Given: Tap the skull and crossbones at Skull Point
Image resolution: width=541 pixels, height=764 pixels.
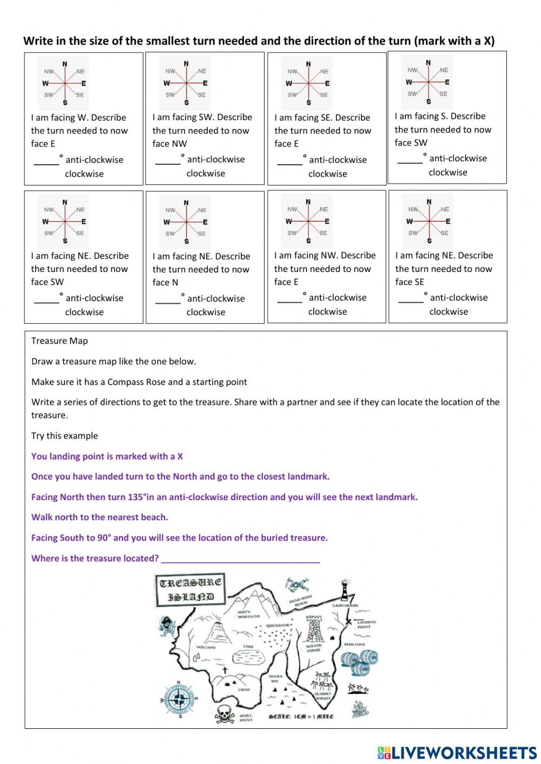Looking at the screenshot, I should click(223, 714).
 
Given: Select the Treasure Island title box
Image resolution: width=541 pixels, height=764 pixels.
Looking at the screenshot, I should click(190, 590).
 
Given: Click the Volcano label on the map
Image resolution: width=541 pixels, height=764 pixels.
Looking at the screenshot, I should click(206, 647).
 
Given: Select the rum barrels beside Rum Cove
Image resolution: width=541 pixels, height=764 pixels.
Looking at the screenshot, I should click(359, 662).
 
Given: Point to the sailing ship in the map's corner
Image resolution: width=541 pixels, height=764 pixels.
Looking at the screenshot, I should click(360, 709).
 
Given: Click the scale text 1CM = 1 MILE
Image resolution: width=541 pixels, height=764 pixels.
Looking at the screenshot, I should click(301, 717).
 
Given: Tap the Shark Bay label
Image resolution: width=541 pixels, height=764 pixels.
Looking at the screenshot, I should click(276, 678).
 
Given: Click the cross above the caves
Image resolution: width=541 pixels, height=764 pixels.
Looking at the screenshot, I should click(225, 670).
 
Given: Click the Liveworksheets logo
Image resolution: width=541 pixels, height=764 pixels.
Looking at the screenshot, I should click(457, 753).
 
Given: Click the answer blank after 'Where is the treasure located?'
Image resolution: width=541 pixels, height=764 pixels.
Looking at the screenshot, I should click(240, 559).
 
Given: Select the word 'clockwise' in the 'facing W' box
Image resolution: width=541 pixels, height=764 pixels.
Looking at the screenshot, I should click(84, 174).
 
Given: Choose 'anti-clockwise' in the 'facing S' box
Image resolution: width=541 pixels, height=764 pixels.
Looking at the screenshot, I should click(458, 158).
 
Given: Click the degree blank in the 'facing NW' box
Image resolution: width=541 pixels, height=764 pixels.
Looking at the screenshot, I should click(289, 298).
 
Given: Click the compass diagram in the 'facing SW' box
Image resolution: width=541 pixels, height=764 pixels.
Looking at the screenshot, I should click(186, 83).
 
